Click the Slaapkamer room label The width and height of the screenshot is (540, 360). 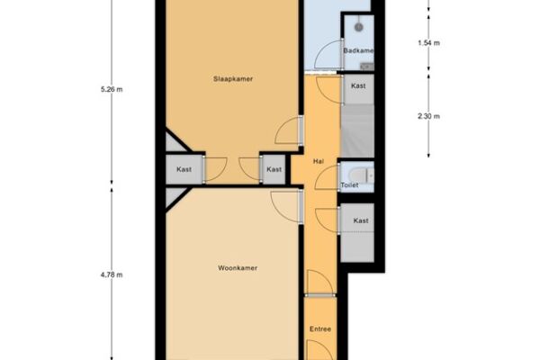tap(233, 79)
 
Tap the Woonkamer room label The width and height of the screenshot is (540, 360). tap(238, 268)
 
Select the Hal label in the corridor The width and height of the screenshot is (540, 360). tap(319, 161)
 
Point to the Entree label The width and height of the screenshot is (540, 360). tap(320, 329)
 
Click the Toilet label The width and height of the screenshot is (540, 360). tap(349, 185)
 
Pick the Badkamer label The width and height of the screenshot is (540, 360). tap(358, 50)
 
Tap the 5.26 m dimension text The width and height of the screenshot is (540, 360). tap(112, 90)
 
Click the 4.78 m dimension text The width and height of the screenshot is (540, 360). tap(112, 274)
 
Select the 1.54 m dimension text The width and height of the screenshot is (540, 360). tap(428, 43)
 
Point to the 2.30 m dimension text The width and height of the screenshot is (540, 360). tap(428, 116)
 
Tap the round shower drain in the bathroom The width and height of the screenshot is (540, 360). tap(359, 27)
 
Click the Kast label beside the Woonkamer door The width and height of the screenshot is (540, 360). tap(361, 220)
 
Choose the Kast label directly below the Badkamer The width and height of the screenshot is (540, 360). tap(358, 85)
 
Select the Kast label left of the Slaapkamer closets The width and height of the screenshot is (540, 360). tap(184, 169)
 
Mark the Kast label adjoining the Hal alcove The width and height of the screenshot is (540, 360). tap(274, 169)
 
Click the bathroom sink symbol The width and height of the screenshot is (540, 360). tap(367, 66)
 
